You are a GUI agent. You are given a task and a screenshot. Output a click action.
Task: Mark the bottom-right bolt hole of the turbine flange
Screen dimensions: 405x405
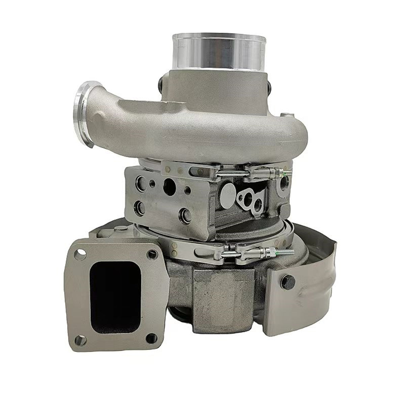[x=152, y=338]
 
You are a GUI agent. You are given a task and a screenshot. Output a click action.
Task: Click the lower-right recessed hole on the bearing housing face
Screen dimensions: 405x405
[x=184, y=213]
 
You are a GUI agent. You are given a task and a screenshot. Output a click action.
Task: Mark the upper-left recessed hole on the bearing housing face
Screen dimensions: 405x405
[x=139, y=183]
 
